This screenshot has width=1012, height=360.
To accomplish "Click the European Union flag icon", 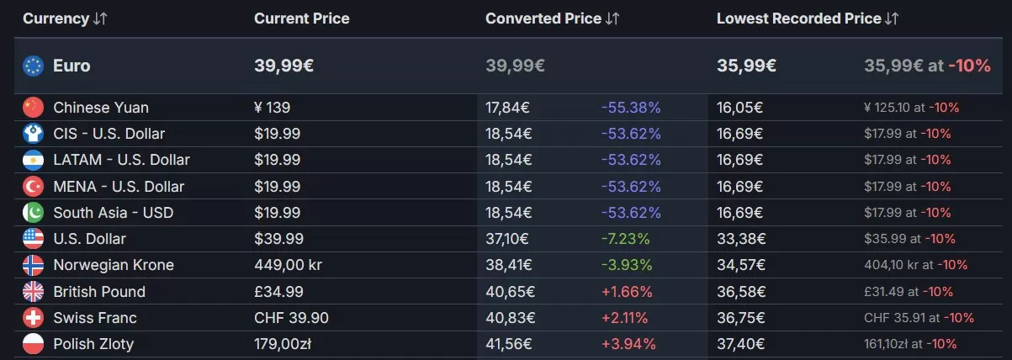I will pos(33,66).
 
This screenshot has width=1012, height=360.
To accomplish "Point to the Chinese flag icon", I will pos(33,108).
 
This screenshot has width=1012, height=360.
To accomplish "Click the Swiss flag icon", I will pos(33,318).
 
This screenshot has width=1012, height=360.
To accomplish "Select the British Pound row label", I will pos(98,292).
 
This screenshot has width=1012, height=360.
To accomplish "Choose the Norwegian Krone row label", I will pos(113,265).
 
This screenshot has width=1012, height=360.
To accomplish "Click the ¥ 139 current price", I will pos(272,108).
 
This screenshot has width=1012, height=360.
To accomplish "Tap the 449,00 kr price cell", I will pos(288,265).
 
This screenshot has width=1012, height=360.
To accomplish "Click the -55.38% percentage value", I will pos(630,108).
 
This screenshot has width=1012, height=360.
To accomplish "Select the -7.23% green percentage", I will pos(625,239).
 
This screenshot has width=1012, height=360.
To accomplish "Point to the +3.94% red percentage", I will pos(628,344).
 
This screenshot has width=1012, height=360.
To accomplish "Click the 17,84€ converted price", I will pos(508,108).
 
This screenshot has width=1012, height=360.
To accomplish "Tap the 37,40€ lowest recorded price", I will pos(739,344).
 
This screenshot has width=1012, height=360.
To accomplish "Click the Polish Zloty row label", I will pos(93,344).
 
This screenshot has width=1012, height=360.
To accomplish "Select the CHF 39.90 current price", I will pos(291,318).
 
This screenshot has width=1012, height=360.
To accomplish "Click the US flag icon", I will pos(33,239).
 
